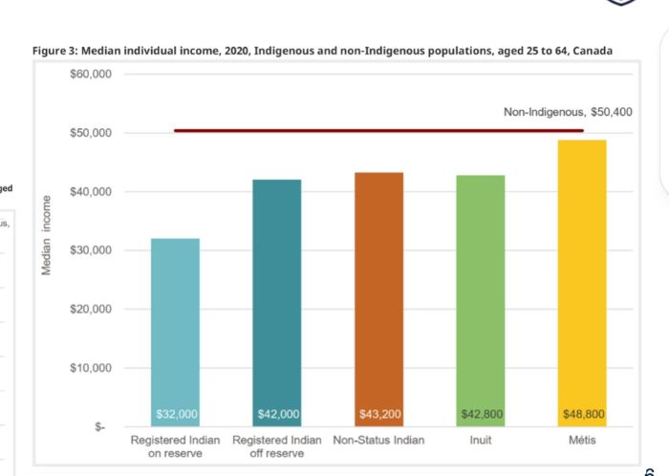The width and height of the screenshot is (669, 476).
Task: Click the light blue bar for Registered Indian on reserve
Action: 175,325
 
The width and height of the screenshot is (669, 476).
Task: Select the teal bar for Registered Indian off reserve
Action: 277,296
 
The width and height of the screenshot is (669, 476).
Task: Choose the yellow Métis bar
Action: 583,277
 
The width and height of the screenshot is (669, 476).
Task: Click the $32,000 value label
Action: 176,414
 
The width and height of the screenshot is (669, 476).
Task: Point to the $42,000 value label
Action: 278,414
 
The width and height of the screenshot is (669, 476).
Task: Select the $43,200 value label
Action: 379,414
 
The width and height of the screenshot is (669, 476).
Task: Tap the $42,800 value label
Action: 482,414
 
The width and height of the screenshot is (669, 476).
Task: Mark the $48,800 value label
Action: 583,414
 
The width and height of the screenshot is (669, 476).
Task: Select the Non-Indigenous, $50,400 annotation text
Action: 568,112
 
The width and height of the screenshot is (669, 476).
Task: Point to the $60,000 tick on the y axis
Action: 92,75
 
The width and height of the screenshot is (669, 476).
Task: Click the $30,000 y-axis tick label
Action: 92,250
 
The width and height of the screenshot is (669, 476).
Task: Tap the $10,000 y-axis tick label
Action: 92,368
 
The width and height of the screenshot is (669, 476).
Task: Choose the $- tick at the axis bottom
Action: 99,427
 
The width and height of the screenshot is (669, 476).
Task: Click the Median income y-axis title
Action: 46,236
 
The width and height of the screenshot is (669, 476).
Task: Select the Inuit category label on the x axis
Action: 481,441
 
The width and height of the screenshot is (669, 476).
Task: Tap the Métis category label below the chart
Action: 582,441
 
